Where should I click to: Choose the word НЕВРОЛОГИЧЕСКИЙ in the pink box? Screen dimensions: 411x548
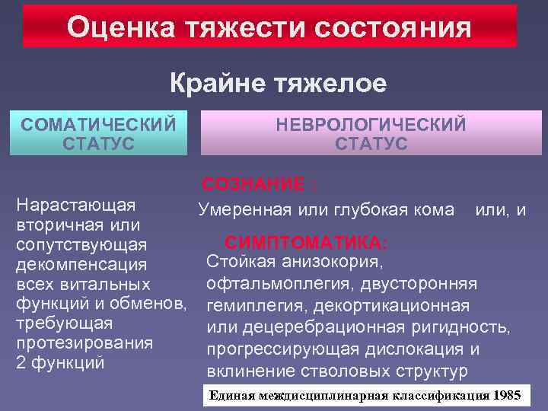coord(371,125)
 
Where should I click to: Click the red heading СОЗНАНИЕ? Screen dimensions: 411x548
coord(254,185)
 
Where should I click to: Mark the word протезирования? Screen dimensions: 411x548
coord(86,342)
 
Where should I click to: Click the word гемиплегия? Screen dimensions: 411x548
coord(252,307)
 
